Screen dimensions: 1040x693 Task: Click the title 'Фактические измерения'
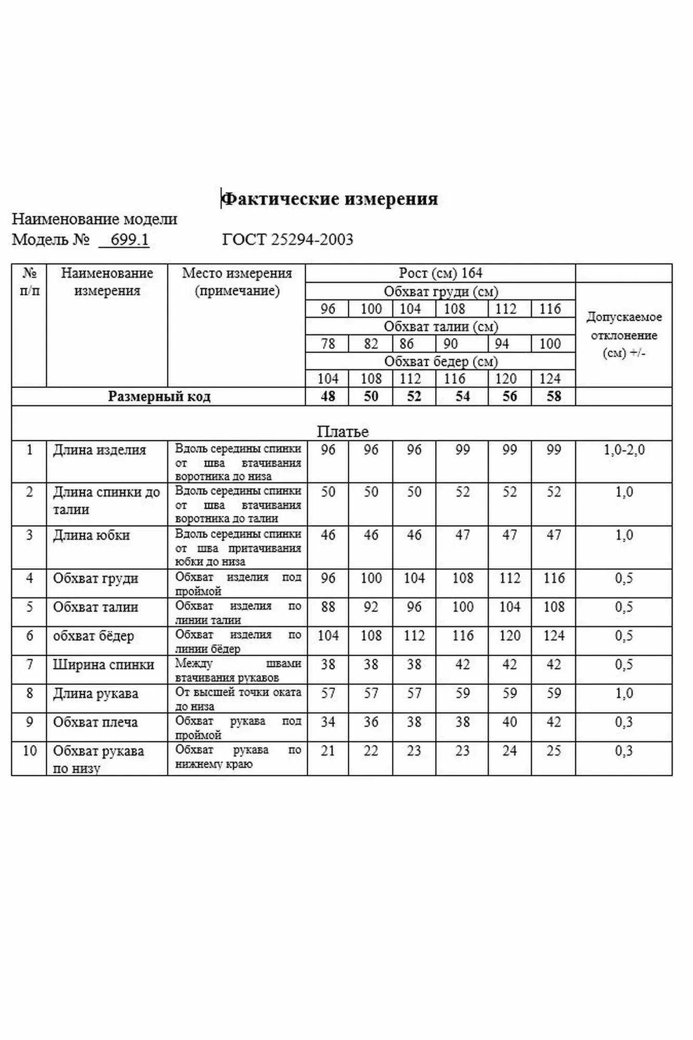(330, 199)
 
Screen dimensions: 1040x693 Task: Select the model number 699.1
(129, 240)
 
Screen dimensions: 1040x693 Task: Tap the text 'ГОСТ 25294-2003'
(287, 240)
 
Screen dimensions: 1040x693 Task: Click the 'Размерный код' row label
(159, 397)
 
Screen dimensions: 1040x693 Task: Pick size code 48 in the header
(328, 397)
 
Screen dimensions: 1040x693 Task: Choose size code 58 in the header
(554, 397)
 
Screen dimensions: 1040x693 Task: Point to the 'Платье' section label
(343, 432)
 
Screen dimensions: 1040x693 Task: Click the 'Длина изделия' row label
(99, 450)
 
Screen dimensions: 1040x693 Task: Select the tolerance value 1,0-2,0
(624, 450)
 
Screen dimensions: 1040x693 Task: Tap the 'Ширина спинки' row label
(103, 665)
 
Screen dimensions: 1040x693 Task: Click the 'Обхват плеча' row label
(95, 722)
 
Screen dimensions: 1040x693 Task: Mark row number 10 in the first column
(30, 751)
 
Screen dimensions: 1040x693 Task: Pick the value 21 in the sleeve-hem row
(328, 751)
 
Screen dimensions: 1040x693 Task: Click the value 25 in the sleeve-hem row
(554, 751)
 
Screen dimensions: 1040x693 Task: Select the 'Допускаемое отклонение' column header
(624, 335)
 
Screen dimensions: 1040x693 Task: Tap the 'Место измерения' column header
(237, 282)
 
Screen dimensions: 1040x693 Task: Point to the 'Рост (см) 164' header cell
(440, 273)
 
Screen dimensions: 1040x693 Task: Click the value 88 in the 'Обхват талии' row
(328, 607)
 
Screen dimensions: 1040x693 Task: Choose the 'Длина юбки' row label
(91, 536)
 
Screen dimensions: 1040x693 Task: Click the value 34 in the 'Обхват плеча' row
(328, 722)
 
